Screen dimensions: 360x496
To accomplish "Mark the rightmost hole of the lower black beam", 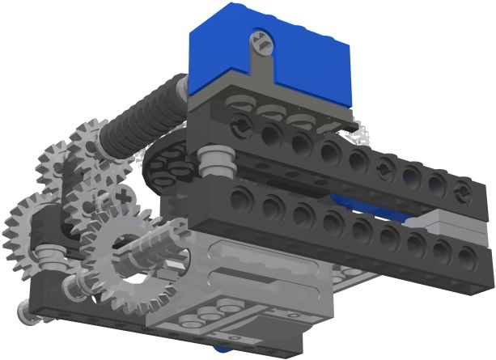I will [467, 256].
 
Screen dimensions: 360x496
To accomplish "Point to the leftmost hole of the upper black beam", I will [240, 123].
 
